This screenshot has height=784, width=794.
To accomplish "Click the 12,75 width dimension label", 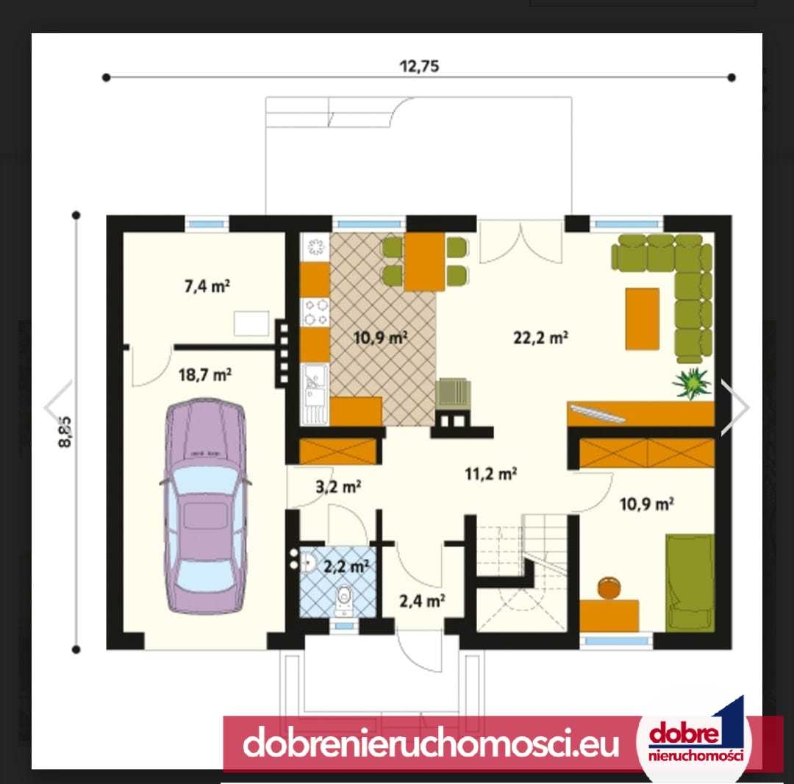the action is tap(419, 66).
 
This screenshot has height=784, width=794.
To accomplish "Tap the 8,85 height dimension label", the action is tap(65, 432).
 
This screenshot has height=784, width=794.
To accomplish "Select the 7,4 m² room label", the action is tap(207, 286).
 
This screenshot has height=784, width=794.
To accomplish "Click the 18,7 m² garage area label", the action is tap(205, 375).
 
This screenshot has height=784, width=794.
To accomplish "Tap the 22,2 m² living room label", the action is tap(540, 338).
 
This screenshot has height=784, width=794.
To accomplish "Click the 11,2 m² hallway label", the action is tap(490, 474).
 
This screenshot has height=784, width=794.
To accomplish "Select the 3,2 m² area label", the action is tap(338, 487).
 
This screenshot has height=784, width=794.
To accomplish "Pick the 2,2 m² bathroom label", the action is tap(346, 566).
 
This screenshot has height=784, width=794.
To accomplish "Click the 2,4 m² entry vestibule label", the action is tap(422, 601).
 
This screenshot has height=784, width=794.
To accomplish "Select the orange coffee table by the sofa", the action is tap(642, 318).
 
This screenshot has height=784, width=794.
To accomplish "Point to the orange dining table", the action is tap(424, 261).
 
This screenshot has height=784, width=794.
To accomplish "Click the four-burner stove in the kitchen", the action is tap(315, 312).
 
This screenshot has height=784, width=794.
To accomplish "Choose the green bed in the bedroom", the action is tap(690, 582).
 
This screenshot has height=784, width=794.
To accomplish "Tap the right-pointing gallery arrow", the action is tap(734, 407).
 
